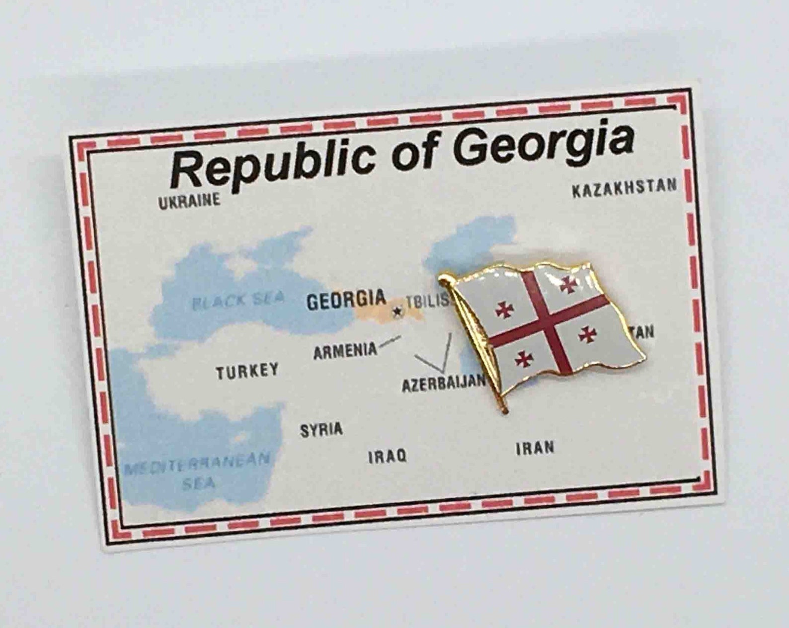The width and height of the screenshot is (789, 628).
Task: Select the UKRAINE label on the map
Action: click(x=189, y=201)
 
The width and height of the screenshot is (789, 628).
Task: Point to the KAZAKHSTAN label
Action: click(x=624, y=188)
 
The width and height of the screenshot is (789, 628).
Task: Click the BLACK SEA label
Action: click(x=238, y=300)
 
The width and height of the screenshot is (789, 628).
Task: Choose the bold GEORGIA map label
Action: click(x=346, y=300)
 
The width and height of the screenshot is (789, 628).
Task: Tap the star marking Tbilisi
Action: click(x=397, y=312)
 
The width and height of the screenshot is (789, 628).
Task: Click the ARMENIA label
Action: click(x=345, y=351)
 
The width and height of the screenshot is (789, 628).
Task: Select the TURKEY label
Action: click(x=247, y=371)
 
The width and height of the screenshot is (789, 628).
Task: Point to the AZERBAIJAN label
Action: click(x=443, y=383)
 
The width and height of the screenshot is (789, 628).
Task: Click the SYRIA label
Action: click(x=321, y=429)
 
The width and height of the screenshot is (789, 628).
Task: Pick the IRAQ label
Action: click(x=387, y=456)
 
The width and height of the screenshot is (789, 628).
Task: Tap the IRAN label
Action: click(x=535, y=448)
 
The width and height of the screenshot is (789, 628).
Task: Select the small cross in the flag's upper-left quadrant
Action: click(x=504, y=310)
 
